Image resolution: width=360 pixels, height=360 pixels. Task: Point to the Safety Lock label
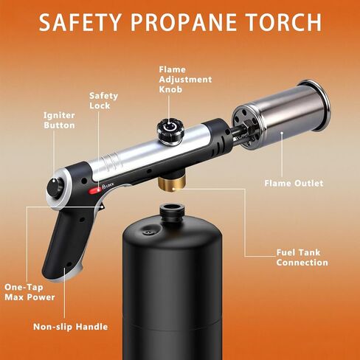coord(103,100)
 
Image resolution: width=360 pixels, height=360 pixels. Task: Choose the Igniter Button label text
coord(58,120)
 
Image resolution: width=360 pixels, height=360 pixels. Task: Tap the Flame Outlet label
coord(294,183)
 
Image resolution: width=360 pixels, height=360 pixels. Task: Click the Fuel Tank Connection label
coord(302,257)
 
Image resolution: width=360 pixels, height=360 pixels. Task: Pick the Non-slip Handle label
coord(71,326)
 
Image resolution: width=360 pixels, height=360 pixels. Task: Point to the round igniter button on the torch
coord(53,188)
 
